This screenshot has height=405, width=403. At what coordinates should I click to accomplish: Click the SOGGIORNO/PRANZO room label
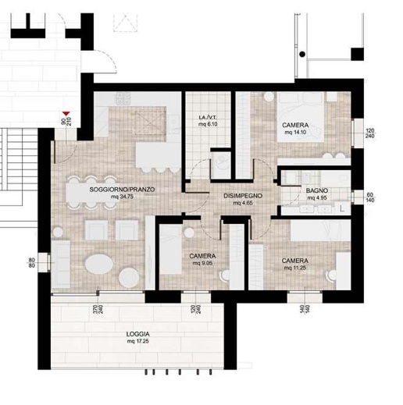coord(122,190)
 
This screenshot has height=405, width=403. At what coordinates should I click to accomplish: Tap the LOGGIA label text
coord(138,334)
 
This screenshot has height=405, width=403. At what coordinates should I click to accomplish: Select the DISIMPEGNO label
coord(243,196)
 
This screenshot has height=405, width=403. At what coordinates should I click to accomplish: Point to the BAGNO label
coord(317,190)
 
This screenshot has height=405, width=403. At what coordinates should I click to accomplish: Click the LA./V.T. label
coord(208,118)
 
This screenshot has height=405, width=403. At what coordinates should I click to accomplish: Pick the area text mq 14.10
coord(295,133)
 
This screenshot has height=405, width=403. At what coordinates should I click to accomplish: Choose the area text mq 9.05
coord(202,264)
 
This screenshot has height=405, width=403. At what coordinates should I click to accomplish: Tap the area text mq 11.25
coord(295,268)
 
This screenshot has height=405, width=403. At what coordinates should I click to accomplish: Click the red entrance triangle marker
coord(66,114)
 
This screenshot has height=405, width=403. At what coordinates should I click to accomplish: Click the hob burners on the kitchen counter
coord(122,98)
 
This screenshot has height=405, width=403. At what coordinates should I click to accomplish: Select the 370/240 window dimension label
coord(98,309)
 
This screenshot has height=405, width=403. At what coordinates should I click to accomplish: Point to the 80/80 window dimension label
coord(32,263)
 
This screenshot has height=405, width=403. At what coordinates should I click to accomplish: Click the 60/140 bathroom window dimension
coord(370,197)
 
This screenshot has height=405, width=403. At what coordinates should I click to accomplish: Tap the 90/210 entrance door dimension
coord(66,122)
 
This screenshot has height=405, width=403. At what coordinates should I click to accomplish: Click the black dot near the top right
coord(302,55)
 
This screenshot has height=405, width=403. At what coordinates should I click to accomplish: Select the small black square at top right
coord(357,55)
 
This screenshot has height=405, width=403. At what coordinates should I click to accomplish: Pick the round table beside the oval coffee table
coord(129,278)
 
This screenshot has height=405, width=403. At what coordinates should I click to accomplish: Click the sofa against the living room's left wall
coord(61,264)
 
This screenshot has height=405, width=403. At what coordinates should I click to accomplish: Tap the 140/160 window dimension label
coord(305,310)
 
